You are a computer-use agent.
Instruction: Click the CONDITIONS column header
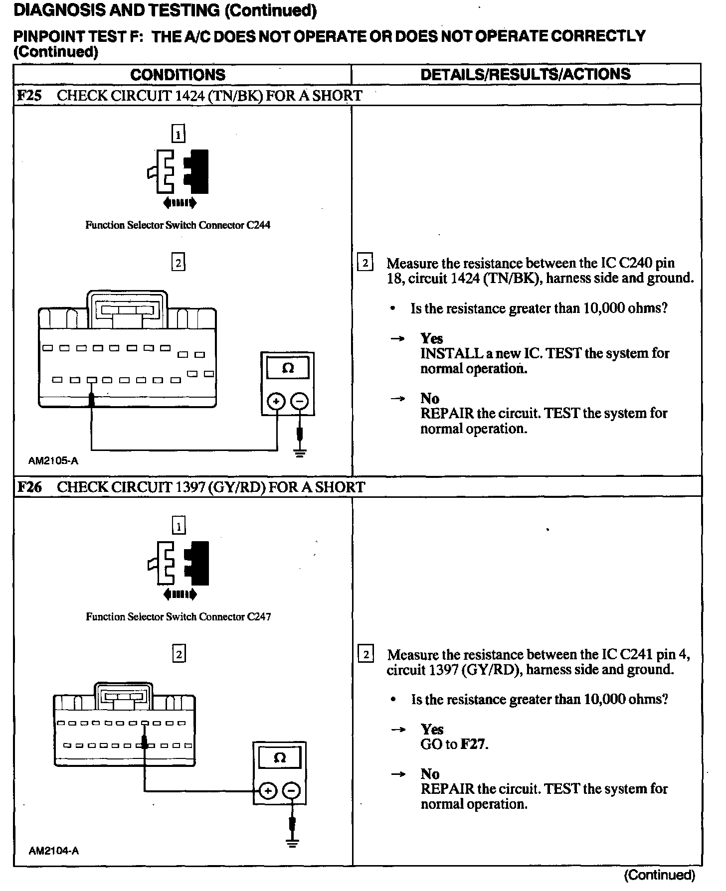pos(178,75)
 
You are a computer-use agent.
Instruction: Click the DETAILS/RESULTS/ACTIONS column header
pos(525,74)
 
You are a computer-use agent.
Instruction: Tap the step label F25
pos(29,95)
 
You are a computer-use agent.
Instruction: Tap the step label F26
pos(29,487)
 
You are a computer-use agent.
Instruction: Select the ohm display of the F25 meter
pos(288,369)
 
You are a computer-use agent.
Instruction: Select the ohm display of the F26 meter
pos(280,758)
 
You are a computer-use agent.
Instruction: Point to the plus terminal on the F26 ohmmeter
pos(268,790)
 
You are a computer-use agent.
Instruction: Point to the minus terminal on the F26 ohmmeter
pos(292,790)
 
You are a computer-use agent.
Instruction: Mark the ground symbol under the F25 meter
pos(300,453)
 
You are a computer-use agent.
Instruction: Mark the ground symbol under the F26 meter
pos(292,843)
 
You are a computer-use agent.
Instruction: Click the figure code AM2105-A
pos(53,461)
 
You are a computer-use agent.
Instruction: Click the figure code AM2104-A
pos(53,851)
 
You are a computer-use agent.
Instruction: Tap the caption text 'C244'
pos(258,225)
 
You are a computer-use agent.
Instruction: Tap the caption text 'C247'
pos(259,617)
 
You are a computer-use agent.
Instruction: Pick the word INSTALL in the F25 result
pos(445,353)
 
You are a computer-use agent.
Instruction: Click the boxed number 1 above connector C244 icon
pos(178,134)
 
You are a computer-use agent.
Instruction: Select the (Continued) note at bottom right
pos(659,875)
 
